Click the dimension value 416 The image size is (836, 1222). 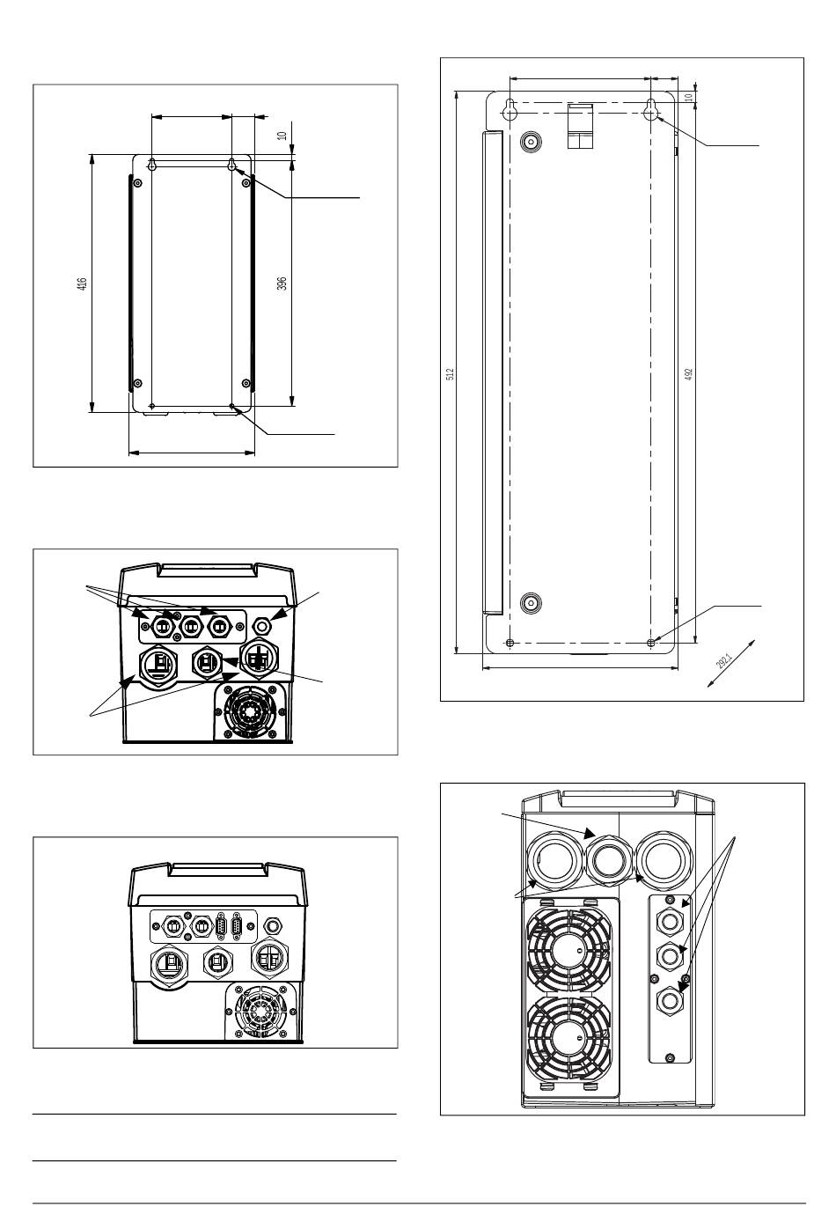[83, 283]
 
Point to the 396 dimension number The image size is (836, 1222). [282, 283]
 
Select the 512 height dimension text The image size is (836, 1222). [450, 373]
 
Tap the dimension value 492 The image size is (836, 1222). [688, 373]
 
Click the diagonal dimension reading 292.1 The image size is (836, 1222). [724, 662]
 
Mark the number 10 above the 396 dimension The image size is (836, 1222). [282, 136]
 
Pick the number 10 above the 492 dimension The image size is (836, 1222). [688, 97]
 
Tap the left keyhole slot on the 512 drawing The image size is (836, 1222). [510, 110]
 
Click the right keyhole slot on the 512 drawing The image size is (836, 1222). [650, 110]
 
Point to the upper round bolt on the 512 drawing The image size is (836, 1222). [531, 143]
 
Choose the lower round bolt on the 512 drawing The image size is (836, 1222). [531, 603]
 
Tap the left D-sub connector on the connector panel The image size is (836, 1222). [222, 926]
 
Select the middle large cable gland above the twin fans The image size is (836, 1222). [609, 861]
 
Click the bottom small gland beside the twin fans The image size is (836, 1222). [670, 999]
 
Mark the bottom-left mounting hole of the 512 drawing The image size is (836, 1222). [510, 643]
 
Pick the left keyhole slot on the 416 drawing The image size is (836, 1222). [152, 165]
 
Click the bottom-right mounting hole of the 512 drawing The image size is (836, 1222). [650, 643]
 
